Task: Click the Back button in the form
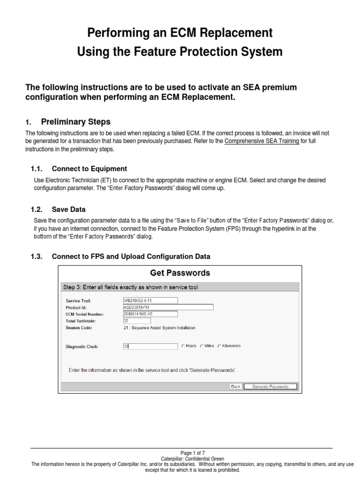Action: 236,387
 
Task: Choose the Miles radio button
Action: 202,346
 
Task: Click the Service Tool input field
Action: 150,300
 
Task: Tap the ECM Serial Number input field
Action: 150,314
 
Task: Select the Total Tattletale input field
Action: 136,321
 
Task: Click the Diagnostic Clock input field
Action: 150,346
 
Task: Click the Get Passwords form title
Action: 180,273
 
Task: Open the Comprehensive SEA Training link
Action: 262,141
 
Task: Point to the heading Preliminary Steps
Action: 76,122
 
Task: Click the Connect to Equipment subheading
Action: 89,169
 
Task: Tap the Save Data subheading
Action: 68,210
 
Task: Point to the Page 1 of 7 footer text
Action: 193,453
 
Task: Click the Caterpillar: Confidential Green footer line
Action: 193,458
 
